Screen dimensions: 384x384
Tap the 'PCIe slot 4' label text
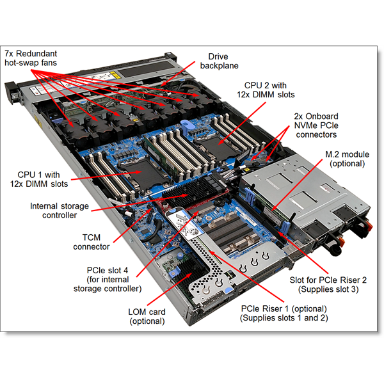pyautogui.click(x=106, y=269)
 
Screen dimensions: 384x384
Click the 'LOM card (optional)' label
pyautogui.click(x=147, y=316)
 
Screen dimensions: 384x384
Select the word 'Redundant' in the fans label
pyautogui.click(x=44, y=54)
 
